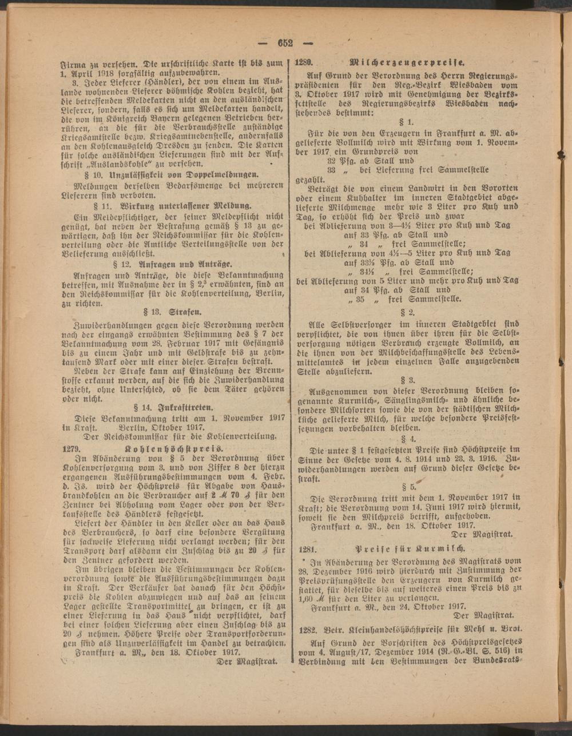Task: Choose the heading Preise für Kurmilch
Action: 410,547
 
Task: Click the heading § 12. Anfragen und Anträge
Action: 170,264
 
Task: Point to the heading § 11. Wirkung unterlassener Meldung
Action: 170,204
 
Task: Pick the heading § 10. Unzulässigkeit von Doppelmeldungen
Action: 170,174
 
